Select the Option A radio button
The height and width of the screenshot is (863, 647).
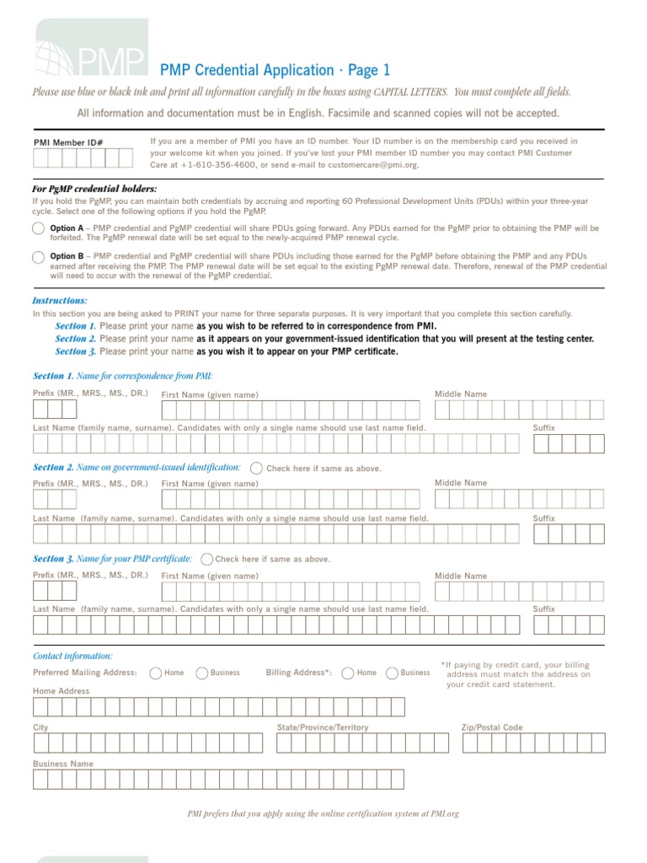pyautogui.click(x=39, y=228)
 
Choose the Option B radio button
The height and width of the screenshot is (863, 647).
pyautogui.click(x=39, y=257)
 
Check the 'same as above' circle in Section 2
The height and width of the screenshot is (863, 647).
pyautogui.click(x=256, y=468)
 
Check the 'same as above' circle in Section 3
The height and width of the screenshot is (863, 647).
pyautogui.click(x=206, y=559)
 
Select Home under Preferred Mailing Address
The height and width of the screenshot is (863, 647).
pyautogui.click(x=156, y=673)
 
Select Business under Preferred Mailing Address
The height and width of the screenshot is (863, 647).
pyautogui.click(x=202, y=673)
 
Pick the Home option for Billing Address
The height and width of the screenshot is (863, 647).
pyautogui.click(x=347, y=673)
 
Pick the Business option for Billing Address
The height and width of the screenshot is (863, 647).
pyautogui.click(x=392, y=673)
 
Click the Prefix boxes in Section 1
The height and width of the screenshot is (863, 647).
pyautogui.click(x=55, y=410)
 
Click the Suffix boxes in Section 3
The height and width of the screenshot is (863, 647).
pyautogui.click(x=569, y=624)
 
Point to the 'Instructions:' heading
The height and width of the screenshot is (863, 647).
pyautogui.click(x=60, y=300)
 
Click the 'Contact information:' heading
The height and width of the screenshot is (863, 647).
pyautogui.click(x=72, y=656)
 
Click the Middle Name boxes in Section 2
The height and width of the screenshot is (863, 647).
pyautogui.click(x=519, y=499)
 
